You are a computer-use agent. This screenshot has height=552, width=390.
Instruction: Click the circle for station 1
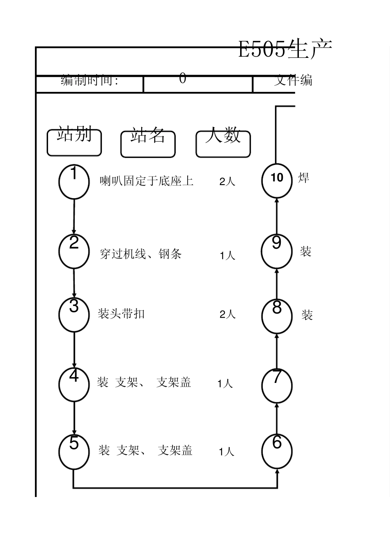tap(74, 182)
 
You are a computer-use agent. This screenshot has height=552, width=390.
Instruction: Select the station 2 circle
tap(74, 251)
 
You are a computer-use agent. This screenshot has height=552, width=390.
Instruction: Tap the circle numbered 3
tap(74, 314)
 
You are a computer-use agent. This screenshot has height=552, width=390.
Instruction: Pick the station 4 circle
tap(74, 385)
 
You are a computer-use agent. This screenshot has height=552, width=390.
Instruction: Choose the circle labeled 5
tap(74, 451)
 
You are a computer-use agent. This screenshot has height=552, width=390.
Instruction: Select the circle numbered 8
tap(277, 316)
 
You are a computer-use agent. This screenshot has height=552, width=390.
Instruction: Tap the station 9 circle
tap(277, 251)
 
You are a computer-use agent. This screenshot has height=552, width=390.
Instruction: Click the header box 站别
tap(74, 142)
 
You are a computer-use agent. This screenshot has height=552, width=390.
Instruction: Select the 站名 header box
tap(148, 144)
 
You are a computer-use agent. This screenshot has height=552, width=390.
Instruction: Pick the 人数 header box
tap(223, 144)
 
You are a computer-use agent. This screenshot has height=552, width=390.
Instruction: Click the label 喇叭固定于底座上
tap(147, 181)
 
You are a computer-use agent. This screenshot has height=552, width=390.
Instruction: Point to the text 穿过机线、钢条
tap(141, 254)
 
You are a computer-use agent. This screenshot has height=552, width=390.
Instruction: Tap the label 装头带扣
tap(122, 314)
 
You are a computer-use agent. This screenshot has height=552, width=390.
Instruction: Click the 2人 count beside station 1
tap(227, 181)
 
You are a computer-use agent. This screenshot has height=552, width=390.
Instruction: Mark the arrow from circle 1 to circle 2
tap(74, 217)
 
